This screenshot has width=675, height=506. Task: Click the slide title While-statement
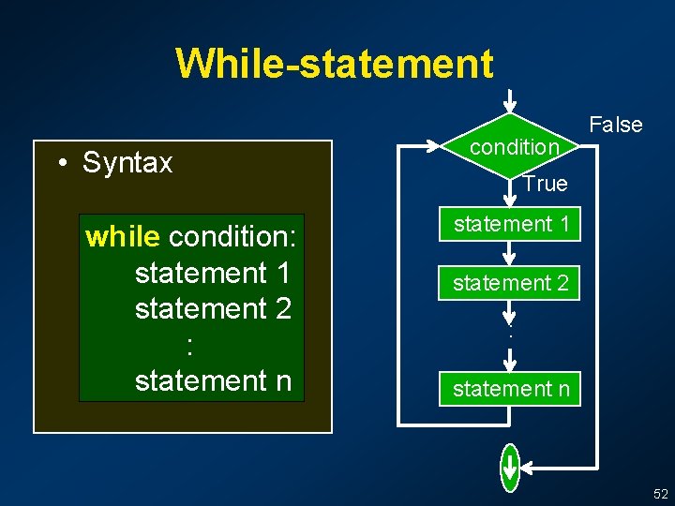(x=333, y=64)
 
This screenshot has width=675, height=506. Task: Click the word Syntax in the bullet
(x=127, y=163)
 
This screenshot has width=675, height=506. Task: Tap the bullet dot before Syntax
(x=60, y=164)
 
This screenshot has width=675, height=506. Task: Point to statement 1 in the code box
(x=213, y=273)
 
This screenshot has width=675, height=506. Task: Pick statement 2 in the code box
(x=213, y=308)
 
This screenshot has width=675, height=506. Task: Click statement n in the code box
(x=213, y=380)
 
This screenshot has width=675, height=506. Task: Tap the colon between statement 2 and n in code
(x=190, y=345)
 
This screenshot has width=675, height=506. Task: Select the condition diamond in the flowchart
(x=512, y=146)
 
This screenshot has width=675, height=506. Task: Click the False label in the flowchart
(x=615, y=125)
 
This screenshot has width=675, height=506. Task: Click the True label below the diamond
(x=545, y=184)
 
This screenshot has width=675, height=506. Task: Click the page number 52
(x=661, y=493)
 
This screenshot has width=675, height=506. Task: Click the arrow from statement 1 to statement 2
(x=509, y=254)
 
